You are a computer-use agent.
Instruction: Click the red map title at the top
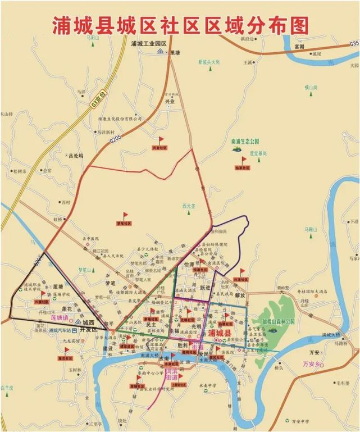(180, 25)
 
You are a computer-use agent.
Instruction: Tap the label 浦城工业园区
(149, 43)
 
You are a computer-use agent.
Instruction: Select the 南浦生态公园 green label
(244, 141)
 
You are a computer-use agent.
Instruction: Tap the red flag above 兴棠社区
(161, 140)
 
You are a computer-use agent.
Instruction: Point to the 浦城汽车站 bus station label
(61, 331)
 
